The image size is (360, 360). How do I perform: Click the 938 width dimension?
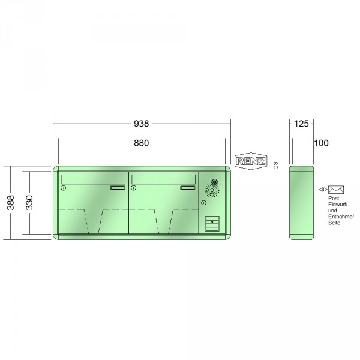142,124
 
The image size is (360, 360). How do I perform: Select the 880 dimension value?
142,143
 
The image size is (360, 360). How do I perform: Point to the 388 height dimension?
11,203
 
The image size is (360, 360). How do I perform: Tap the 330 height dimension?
29,203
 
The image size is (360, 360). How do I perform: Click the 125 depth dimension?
301,124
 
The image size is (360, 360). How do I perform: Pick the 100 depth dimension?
321,143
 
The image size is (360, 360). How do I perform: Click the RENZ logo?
251,161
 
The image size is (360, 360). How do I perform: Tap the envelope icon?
336,190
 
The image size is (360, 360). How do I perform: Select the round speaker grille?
212,190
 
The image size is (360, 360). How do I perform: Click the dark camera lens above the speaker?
214,182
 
